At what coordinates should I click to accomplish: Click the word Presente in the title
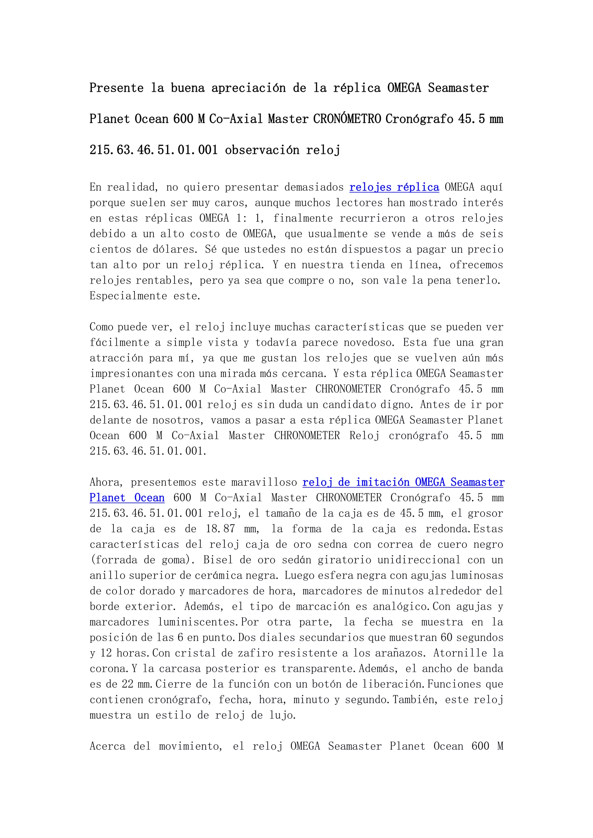[x=116, y=88]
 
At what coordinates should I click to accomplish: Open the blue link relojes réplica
[x=394, y=187]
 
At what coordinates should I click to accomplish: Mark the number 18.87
[x=220, y=529]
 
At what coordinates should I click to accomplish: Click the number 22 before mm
[x=127, y=684]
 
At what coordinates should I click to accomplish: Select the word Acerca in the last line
[x=107, y=746]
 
